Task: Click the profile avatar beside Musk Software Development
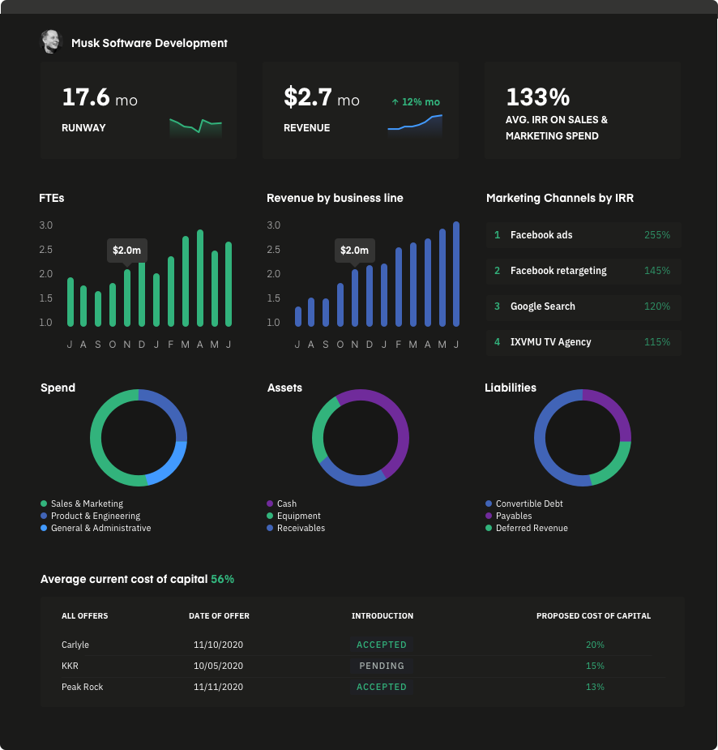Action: click(51, 42)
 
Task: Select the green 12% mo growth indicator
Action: click(415, 102)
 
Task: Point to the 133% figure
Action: click(537, 97)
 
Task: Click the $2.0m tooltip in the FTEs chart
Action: click(127, 251)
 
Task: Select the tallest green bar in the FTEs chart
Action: click(200, 278)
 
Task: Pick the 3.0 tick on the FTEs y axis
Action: click(46, 225)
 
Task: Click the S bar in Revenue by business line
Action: click(326, 312)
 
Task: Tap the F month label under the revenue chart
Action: click(399, 345)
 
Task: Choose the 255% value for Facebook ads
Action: click(656, 235)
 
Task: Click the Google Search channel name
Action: click(542, 306)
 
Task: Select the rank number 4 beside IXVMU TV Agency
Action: click(498, 342)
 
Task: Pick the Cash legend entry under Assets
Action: click(286, 504)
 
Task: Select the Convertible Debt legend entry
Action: click(528, 504)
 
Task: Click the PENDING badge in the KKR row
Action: click(382, 666)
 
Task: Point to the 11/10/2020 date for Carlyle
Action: click(219, 645)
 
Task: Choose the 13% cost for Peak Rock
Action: click(595, 687)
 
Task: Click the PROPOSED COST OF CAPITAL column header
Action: click(593, 616)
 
